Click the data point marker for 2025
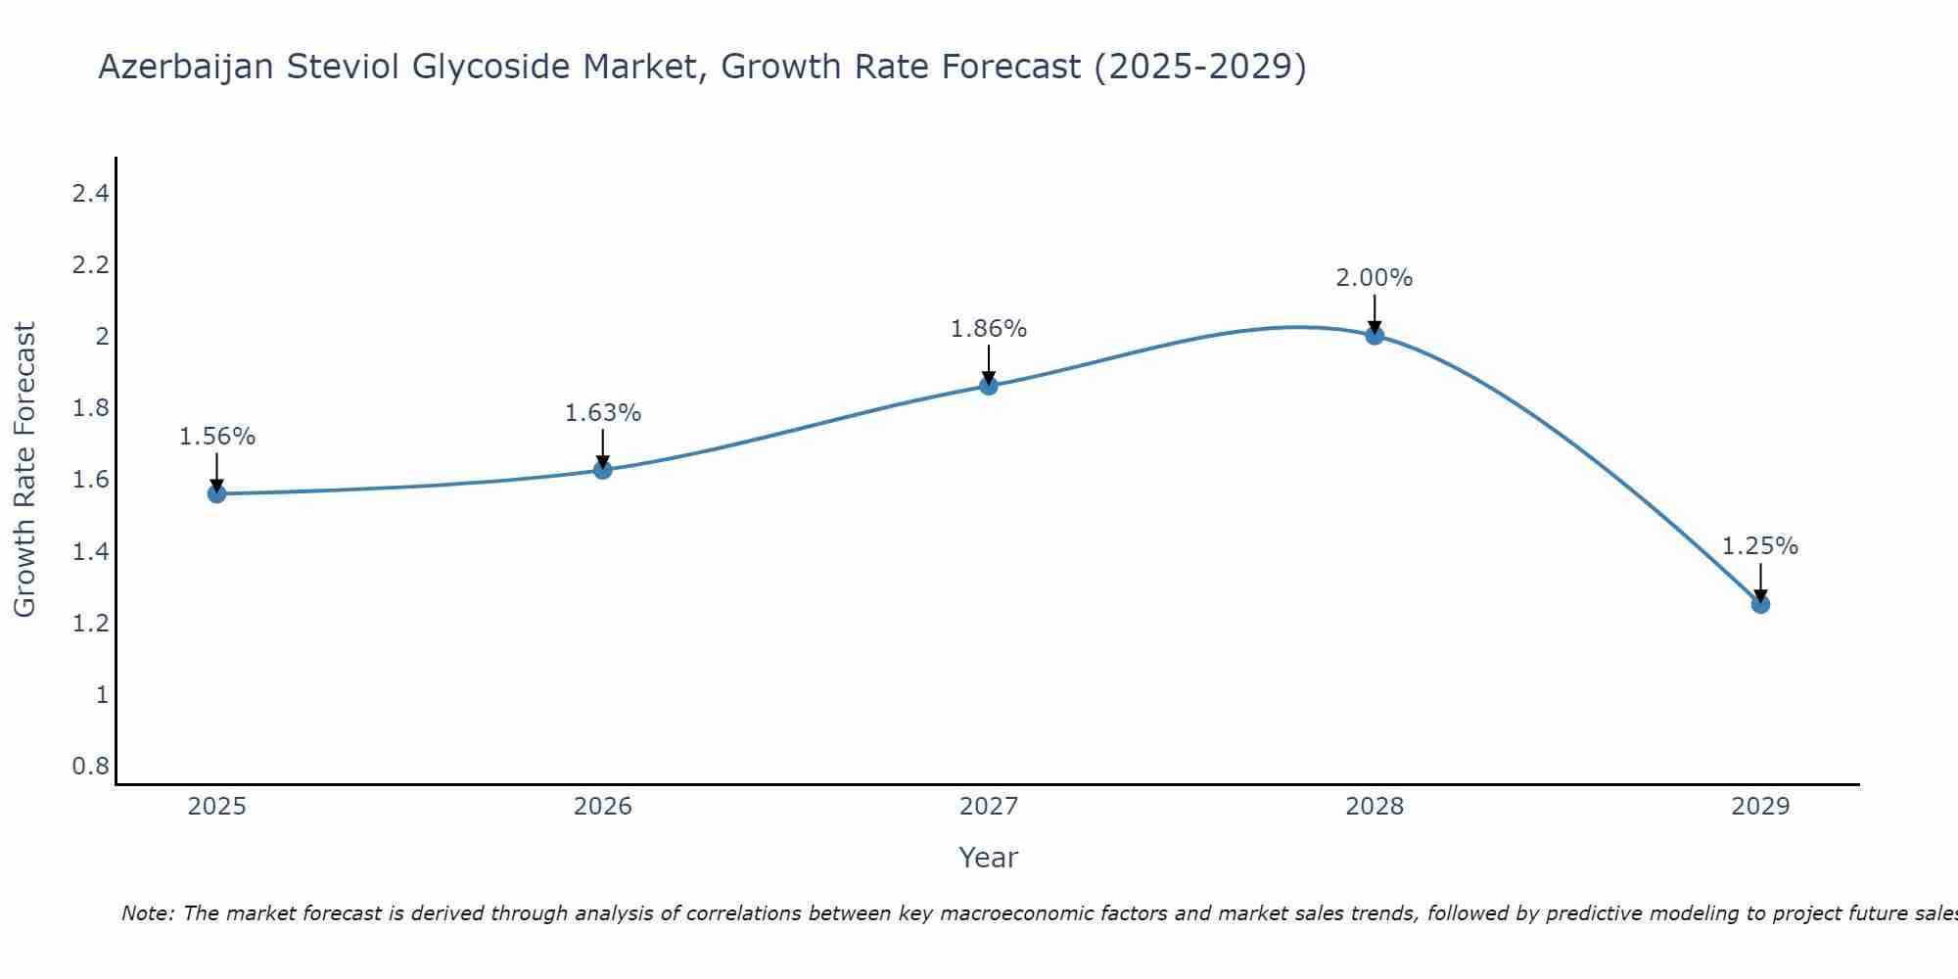[216, 493]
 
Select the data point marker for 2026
[602, 470]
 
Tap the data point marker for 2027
[988, 386]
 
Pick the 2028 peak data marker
[1374, 336]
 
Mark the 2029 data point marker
[1759, 604]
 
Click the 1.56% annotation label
[216, 437]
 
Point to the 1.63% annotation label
[602, 413]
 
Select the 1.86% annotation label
[988, 329]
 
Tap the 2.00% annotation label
[1374, 278]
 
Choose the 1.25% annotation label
[1759, 546]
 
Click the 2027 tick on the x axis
[988, 807]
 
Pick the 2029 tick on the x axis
[1759, 807]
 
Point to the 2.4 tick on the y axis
[90, 194]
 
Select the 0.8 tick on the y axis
[90, 766]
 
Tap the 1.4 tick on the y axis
[90, 552]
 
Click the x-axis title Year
[988, 858]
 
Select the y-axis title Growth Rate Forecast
[24, 470]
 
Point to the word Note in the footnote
[147, 913]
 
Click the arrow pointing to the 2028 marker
[1374, 313]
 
